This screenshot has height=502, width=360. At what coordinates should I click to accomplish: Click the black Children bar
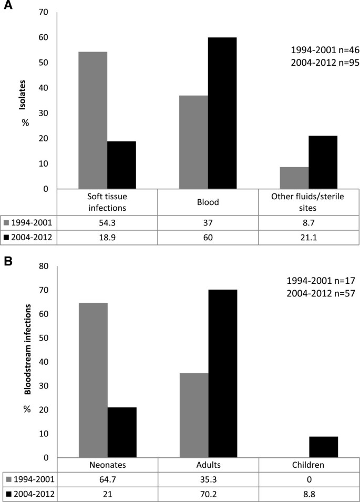[323, 447]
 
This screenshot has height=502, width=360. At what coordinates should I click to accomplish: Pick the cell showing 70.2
[208, 494]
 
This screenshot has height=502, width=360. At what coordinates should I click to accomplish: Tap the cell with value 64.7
[107, 479]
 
